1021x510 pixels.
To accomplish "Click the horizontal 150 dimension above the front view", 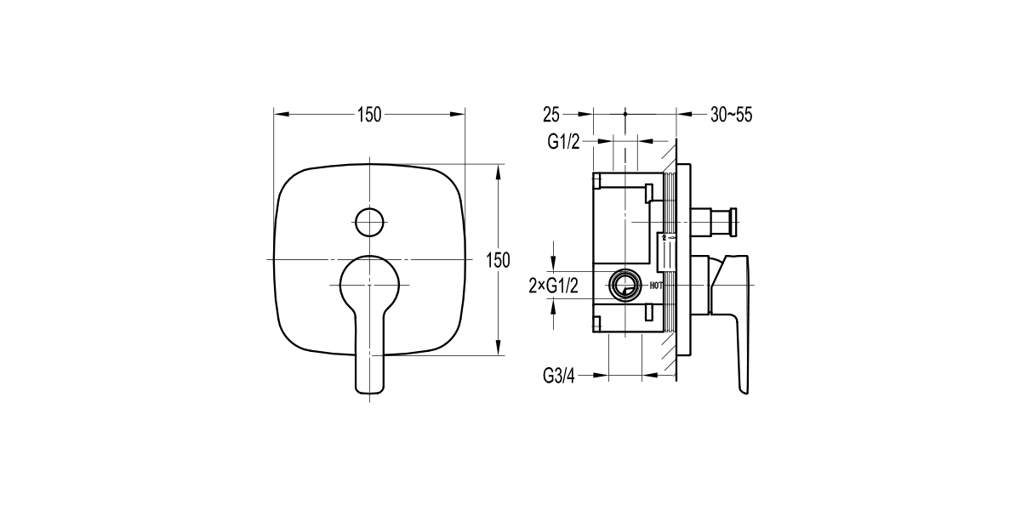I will point(369,115).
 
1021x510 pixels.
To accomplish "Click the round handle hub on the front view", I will point(369,282).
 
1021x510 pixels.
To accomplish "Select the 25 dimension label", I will point(550,115).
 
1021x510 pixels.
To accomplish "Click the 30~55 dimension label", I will point(732,115).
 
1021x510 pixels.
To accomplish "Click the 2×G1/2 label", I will point(554,286).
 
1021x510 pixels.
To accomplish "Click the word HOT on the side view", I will point(656,286).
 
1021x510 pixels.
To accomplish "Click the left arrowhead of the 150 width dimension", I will point(279,113).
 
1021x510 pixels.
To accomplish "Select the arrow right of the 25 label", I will point(585,113).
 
